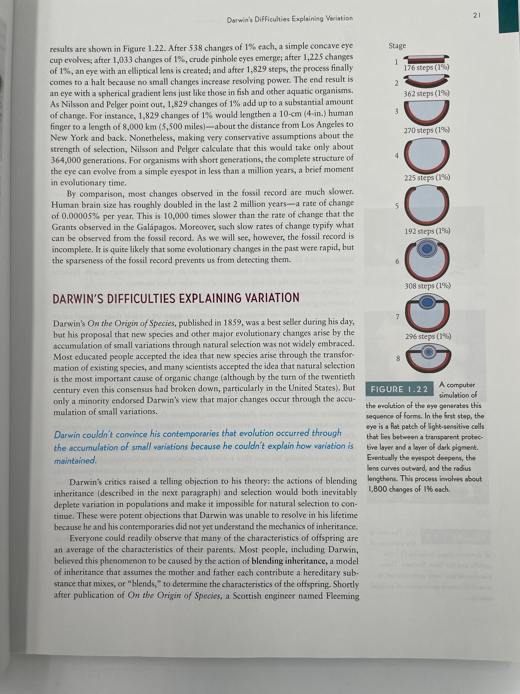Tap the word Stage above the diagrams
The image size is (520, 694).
click(397, 46)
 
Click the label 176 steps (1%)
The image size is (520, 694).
click(426, 68)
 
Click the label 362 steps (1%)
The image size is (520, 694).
click(426, 94)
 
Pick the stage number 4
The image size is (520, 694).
click(397, 156)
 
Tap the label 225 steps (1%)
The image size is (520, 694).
click(427, 178)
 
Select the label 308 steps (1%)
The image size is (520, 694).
click(428, 286)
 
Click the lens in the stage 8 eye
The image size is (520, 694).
click(428, 353)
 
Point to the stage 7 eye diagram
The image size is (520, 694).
click(427, 312)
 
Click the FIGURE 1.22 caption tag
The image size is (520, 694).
click(399, 389)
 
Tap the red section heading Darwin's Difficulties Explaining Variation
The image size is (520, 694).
click(176, 298)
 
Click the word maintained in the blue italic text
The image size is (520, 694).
click(75, 461)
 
